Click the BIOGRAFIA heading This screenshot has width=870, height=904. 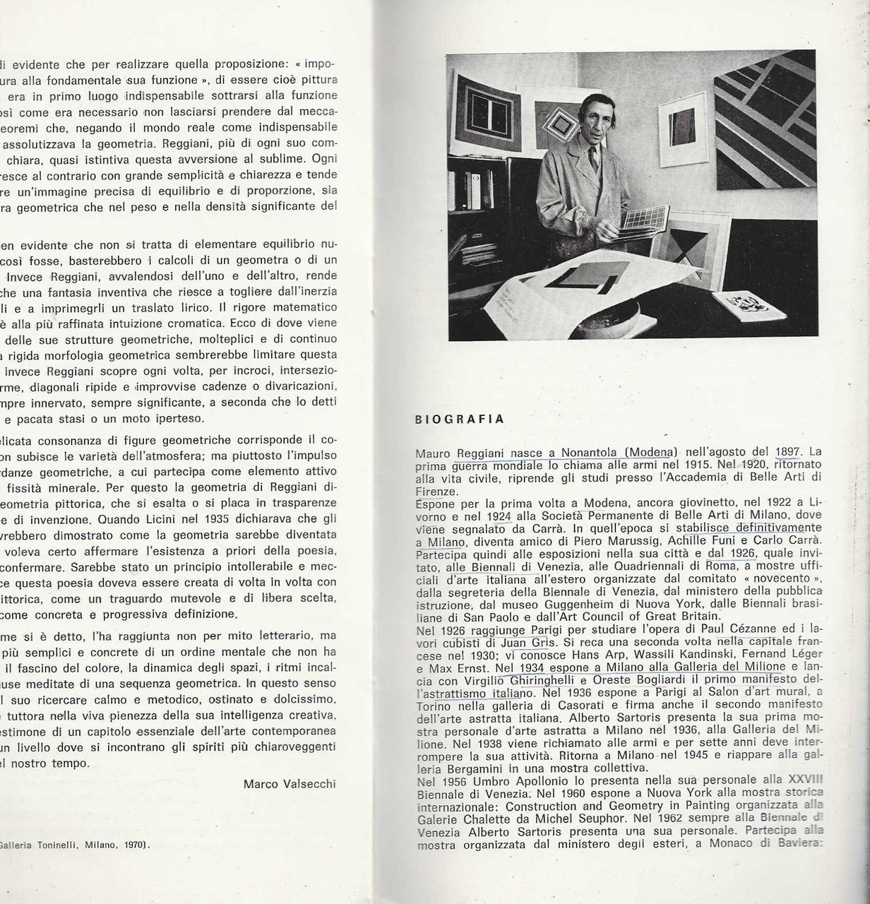coord(459,419)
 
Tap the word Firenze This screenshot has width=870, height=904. coord(437,492)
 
